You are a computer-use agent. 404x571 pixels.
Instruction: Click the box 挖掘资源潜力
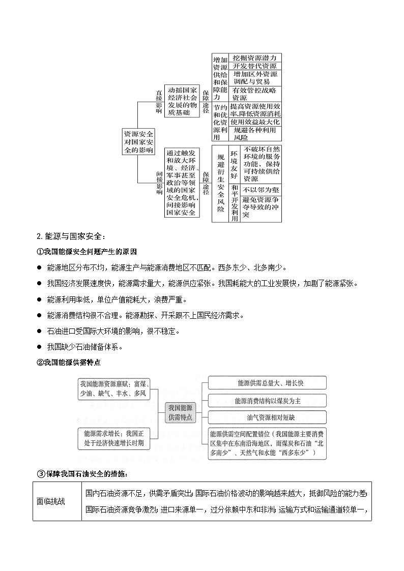coord(254,58)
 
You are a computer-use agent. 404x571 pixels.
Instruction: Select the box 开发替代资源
coord(254,67)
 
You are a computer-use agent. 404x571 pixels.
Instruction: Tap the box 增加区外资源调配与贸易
coord(254,78)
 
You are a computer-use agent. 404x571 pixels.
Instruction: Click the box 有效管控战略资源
coord(254,94)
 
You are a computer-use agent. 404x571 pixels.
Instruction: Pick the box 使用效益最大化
coord(254,122)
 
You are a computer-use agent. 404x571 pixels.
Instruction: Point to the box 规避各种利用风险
coord(254,133)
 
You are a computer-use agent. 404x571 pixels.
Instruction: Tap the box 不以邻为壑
coord(261,189)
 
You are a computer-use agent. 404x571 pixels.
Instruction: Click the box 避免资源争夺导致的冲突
coord(261,207)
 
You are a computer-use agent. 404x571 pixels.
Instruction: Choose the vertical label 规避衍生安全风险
coord(220,183)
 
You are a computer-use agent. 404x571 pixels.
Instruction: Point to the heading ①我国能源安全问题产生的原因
coord(86,252)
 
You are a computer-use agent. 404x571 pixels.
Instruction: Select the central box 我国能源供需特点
coord(180,412)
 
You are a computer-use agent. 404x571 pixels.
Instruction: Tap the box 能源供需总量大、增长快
coord(267,383)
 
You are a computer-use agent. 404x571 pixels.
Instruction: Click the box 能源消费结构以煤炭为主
coord(267,401)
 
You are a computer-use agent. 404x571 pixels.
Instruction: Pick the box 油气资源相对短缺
coord(267,417)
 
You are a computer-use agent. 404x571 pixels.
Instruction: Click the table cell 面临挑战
coord(57,501)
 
